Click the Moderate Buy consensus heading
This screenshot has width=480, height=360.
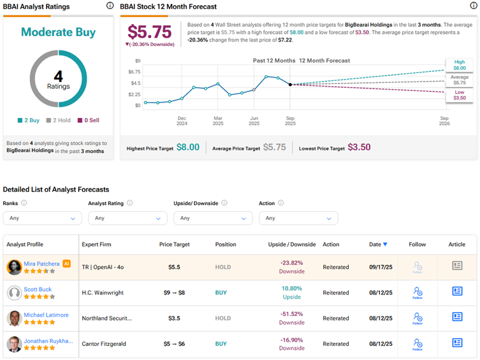pyautogui.click(x=59, y=32)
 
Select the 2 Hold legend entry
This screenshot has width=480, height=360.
pyautogui.click(x=58, y=120)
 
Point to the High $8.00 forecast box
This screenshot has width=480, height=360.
pyautogui.click(x=460, y=64)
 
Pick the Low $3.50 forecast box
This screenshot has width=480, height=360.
pyautogui.click(x=460, y=96)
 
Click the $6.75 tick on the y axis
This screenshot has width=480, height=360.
pyautogui.click(x=133, y=72)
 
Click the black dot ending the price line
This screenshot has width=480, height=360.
pyautogui.click(x=291, y=84)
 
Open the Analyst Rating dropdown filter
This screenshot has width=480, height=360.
pyautogui.click(x=127, y=218)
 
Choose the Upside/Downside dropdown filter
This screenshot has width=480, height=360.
pyautogui.click(x=213, y=218)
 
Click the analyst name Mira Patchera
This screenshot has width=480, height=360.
pyautogui.click(x=41, y=263)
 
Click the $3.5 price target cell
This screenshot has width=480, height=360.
pyautogui.click(x=174, y=319)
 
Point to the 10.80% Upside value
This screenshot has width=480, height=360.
pyautogui.click(x=291, y=289)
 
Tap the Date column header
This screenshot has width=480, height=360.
pyautogui.click(x=378, y=245)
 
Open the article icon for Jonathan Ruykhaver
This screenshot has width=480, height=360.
pyautogui.click(x=457, y=343)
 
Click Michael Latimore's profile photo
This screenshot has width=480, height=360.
pyautogui.click(x=14, y=319)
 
